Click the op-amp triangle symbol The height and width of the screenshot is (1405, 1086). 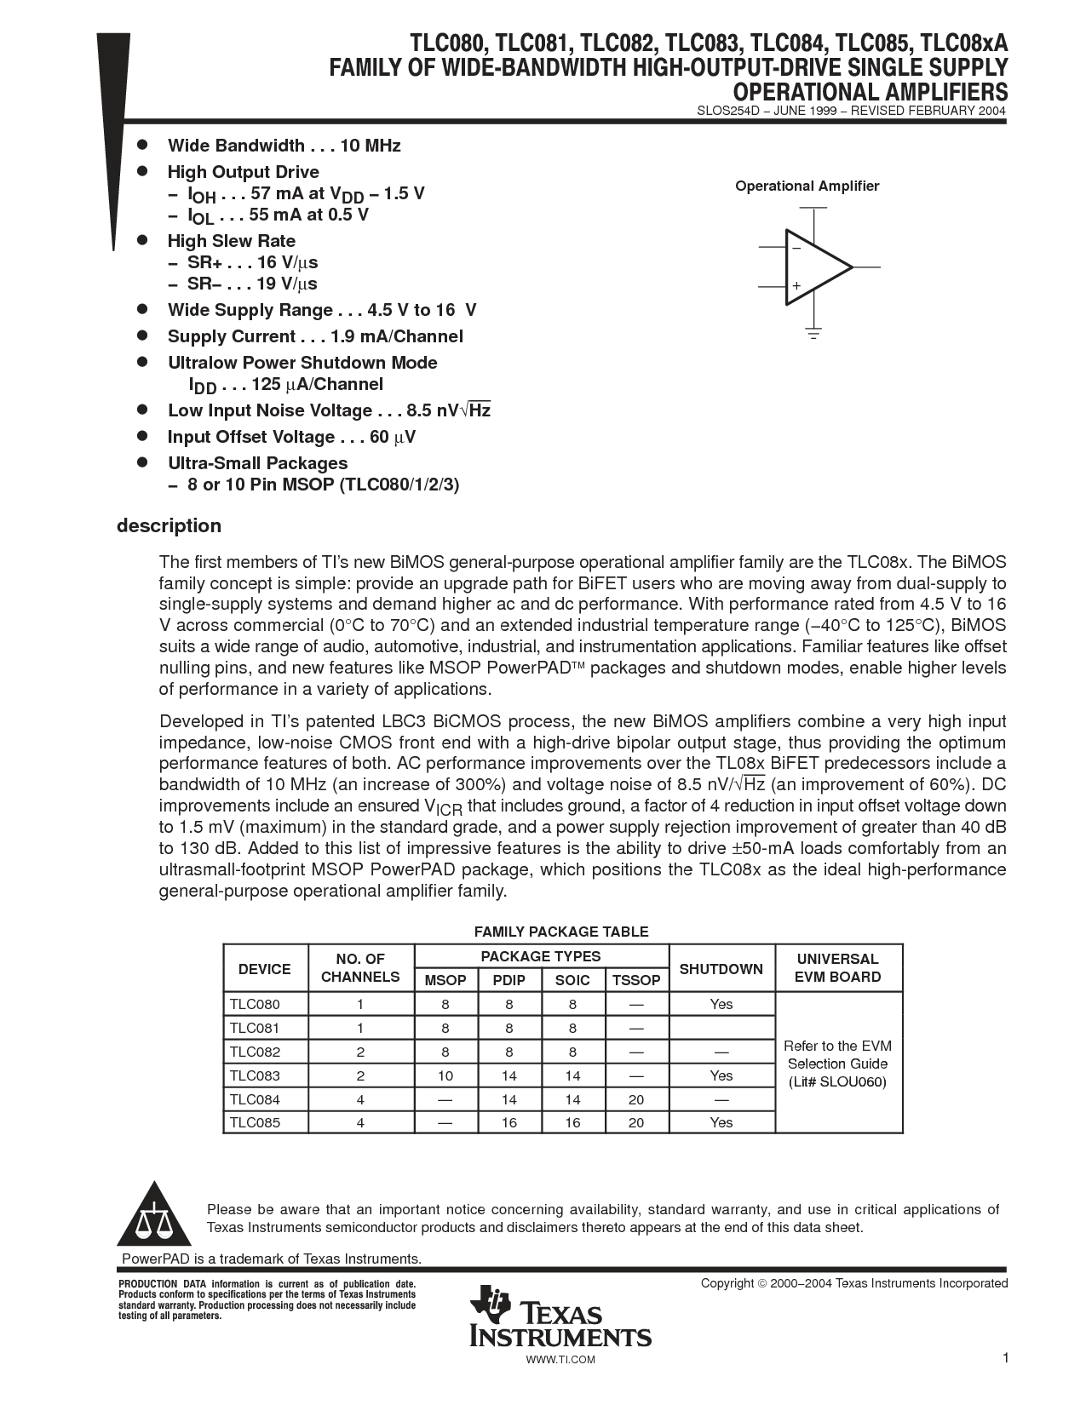point(817,267)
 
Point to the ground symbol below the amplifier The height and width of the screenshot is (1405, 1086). point(814,332)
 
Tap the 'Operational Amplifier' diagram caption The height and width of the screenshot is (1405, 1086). point(807,186)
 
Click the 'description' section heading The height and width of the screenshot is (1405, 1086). point(169,526)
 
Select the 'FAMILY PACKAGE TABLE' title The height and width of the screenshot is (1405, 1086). point(561,932)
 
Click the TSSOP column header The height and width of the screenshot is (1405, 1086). point(636,980)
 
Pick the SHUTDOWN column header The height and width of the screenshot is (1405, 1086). point(721,969)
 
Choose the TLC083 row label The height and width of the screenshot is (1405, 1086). point(255,1075)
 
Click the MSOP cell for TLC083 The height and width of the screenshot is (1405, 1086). point(445,1075)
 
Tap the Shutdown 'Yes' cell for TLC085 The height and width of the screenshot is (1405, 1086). point(721,1122)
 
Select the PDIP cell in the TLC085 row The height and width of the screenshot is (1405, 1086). point(509,1122)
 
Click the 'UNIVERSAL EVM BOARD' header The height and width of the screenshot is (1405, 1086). point(837,968)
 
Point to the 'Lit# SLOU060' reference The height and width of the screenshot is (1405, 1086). point(837,1082)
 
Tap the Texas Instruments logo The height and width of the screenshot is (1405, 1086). point(560,1316)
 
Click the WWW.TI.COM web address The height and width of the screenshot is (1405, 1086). point(560,1360)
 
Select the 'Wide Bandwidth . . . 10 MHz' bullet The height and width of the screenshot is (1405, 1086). point(284,146)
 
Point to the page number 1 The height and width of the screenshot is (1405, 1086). point(1005,1358)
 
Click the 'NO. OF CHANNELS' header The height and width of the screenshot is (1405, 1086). point(360,968)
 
